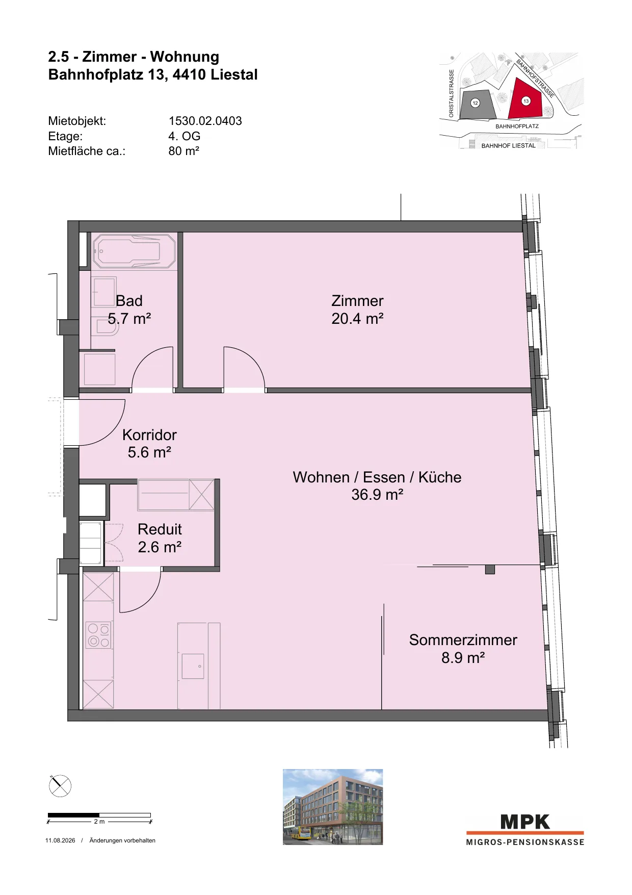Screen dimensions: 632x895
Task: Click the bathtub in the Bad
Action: pos(135,251)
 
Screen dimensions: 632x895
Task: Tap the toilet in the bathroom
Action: pos(107,326)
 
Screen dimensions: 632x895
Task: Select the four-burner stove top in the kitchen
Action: pos(98,635)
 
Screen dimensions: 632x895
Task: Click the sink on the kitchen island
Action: pos(193,666)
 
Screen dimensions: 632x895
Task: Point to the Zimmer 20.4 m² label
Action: pos(357,310)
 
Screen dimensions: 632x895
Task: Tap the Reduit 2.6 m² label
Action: pos(160,538)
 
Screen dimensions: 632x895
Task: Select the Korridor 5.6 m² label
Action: pos(149,444)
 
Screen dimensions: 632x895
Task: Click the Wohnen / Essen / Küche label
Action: pos(377,477)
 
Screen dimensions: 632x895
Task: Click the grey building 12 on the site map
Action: pos(477,105)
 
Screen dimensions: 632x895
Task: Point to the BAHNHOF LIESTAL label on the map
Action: pos(508,146)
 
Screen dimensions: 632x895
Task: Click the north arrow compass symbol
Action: pos(60,786)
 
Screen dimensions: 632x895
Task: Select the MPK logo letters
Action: pos(525,822)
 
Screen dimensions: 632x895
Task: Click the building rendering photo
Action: pos(333,807)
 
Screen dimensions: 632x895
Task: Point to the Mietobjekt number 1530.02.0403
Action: pos(205,121)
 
